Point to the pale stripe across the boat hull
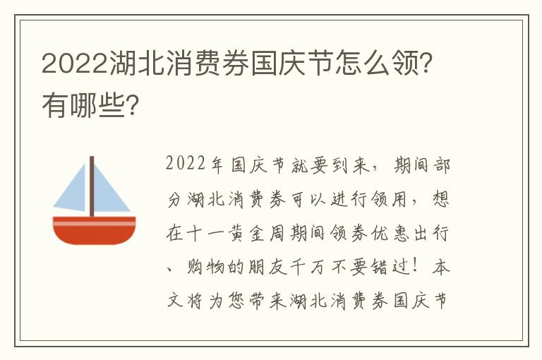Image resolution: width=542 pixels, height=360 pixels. tap(94, 222)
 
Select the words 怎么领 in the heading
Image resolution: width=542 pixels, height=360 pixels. tap(377, 63)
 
